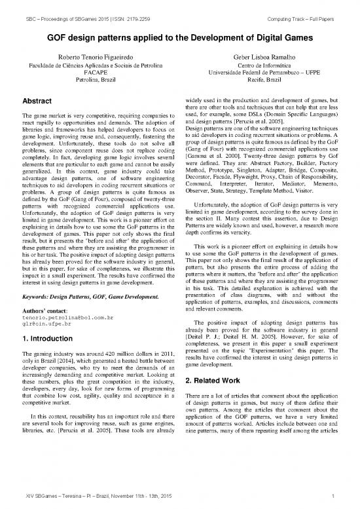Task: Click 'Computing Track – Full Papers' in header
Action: coord(300,7)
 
